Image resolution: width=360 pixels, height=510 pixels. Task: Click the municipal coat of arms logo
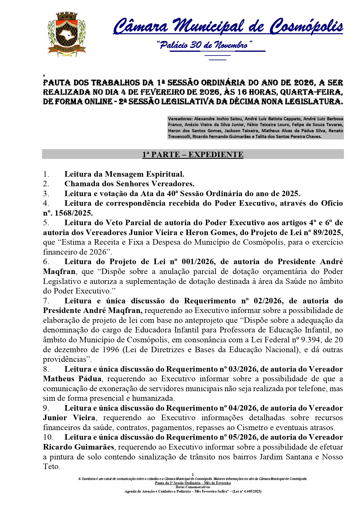66,34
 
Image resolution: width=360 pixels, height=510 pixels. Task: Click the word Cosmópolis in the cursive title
306,26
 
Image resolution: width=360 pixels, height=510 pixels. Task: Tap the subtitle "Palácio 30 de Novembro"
204,45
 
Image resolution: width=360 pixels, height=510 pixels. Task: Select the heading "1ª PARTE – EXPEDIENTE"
193,155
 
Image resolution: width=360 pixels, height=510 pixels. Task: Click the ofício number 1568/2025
74,213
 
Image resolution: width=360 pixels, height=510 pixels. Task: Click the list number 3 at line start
46,194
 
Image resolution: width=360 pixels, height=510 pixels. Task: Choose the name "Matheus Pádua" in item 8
72,379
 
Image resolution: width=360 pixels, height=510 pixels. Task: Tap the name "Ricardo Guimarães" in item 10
78,447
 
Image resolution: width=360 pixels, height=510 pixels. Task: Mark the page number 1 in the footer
193,475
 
